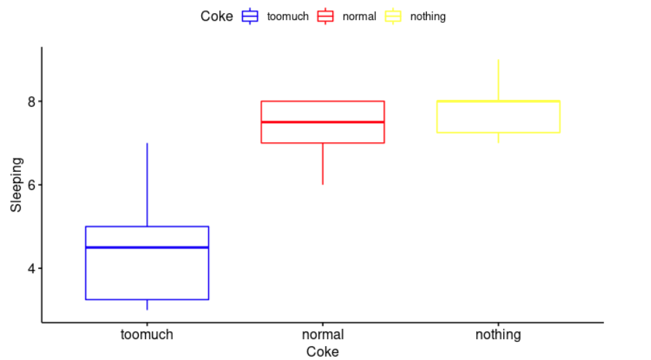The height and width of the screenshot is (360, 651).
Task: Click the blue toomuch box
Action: point(147,271)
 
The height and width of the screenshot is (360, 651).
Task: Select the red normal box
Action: point(323,132)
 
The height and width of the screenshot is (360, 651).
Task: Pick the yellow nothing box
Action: point(498,117)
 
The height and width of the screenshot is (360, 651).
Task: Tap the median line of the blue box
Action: point(147,247)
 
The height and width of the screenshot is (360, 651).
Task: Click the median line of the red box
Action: point(323,122)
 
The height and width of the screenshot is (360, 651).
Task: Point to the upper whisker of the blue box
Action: point(147,184)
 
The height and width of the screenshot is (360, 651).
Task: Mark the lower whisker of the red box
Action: point(323,164)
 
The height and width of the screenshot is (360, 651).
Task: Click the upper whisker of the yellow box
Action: point(498,80)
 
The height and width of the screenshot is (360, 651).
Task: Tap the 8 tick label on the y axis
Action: point(31,101)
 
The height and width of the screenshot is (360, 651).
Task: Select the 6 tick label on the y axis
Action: point(31,185)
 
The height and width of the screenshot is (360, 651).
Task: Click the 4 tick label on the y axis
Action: point(31,268)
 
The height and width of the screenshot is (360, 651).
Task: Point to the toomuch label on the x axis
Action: point(147,335)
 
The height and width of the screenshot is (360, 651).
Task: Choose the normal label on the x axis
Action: point(323,335)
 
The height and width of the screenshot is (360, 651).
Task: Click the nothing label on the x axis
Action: point(498,335)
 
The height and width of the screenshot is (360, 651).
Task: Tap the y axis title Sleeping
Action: point(16,185)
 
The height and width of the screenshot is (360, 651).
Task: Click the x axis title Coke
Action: point(323,352)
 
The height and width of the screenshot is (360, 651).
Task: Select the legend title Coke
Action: point(217,16)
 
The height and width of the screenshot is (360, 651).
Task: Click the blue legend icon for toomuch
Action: point(250,16)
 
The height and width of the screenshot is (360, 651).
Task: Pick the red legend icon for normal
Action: point(325,16)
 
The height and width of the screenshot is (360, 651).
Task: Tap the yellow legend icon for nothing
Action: point(394,16)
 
